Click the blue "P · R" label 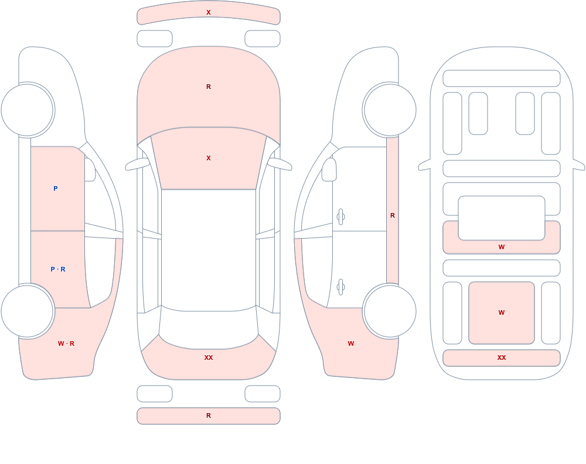pos(58,269)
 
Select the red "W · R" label pos(66,343)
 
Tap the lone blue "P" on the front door pos(55,188)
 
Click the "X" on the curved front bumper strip pos(209,12)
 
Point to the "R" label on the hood pos(209,87)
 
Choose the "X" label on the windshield pos(209,159)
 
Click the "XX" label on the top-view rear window pos(209,358)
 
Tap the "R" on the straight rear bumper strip pos(209,415)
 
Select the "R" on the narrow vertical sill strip pos(393,215)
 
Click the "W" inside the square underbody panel pos(502,312)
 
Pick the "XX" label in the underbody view pos(502,358)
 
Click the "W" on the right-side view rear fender pos(350,343)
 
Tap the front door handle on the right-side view pos(340,217)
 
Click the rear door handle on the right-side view pos(340,287)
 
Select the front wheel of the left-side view pos(28,110)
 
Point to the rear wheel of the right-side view pos(390,311)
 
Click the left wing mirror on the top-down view pos(137,164)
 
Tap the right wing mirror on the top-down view pos(280,164)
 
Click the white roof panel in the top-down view pos(209,250)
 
